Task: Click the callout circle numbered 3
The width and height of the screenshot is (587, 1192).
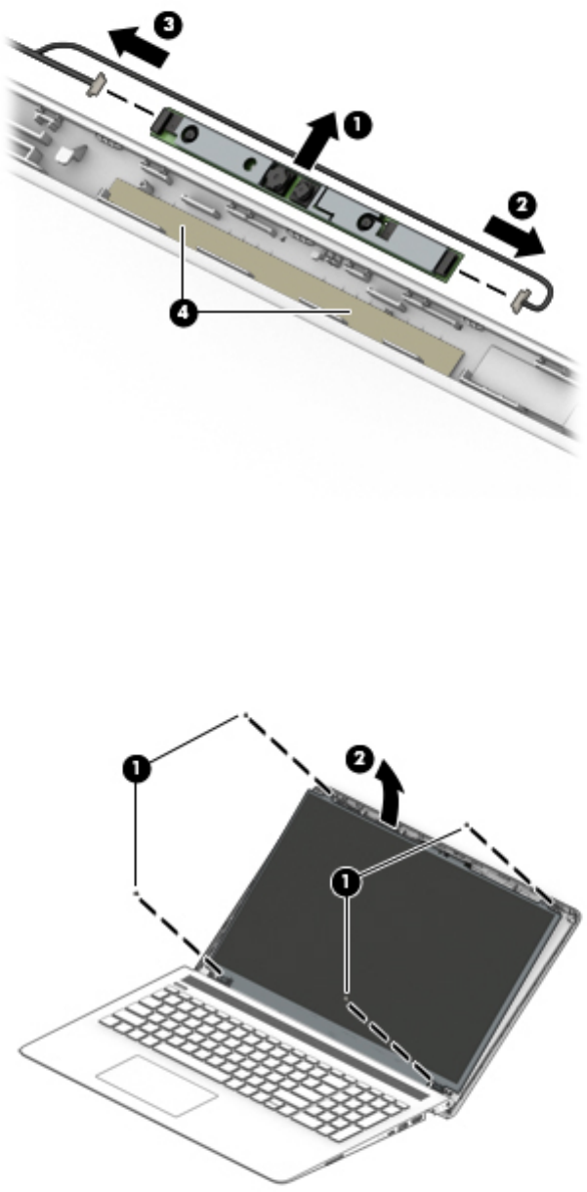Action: tap(168, 24)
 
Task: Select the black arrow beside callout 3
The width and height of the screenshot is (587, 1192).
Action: tap(139, 47)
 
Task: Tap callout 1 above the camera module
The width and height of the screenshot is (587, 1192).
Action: tap(356, 126)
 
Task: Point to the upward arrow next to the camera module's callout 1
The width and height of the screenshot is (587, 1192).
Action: tap(316, 140)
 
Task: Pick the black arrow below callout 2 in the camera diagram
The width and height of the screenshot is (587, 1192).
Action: tap(514, 236)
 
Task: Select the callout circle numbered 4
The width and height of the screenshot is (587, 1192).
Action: tap(183, 314)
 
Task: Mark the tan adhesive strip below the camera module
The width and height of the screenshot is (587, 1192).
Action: tap(282, 273)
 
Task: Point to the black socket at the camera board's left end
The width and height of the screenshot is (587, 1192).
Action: tap(163, 122)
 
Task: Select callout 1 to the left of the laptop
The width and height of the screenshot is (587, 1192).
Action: tap(136, 768)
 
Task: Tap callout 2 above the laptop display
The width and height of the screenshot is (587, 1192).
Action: tap(359, 759)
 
